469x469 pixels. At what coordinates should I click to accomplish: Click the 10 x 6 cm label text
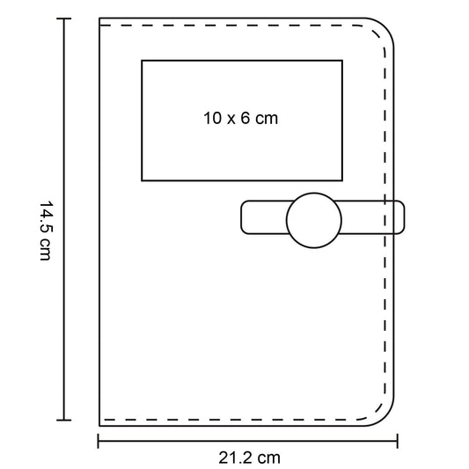pos(241,118)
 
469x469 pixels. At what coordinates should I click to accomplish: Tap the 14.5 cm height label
pos(46,231)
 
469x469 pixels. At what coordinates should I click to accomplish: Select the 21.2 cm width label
pos(249,458)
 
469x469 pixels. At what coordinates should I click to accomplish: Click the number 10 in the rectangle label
pos(213,118)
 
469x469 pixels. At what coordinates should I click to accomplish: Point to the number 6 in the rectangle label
pos(245,118)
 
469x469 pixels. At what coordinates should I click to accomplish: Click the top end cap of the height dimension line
pos(63,18)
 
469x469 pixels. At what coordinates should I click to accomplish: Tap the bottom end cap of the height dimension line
pos(63,420)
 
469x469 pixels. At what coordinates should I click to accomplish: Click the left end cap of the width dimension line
pos(98,441)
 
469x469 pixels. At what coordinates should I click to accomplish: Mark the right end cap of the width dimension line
pos(397,441)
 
